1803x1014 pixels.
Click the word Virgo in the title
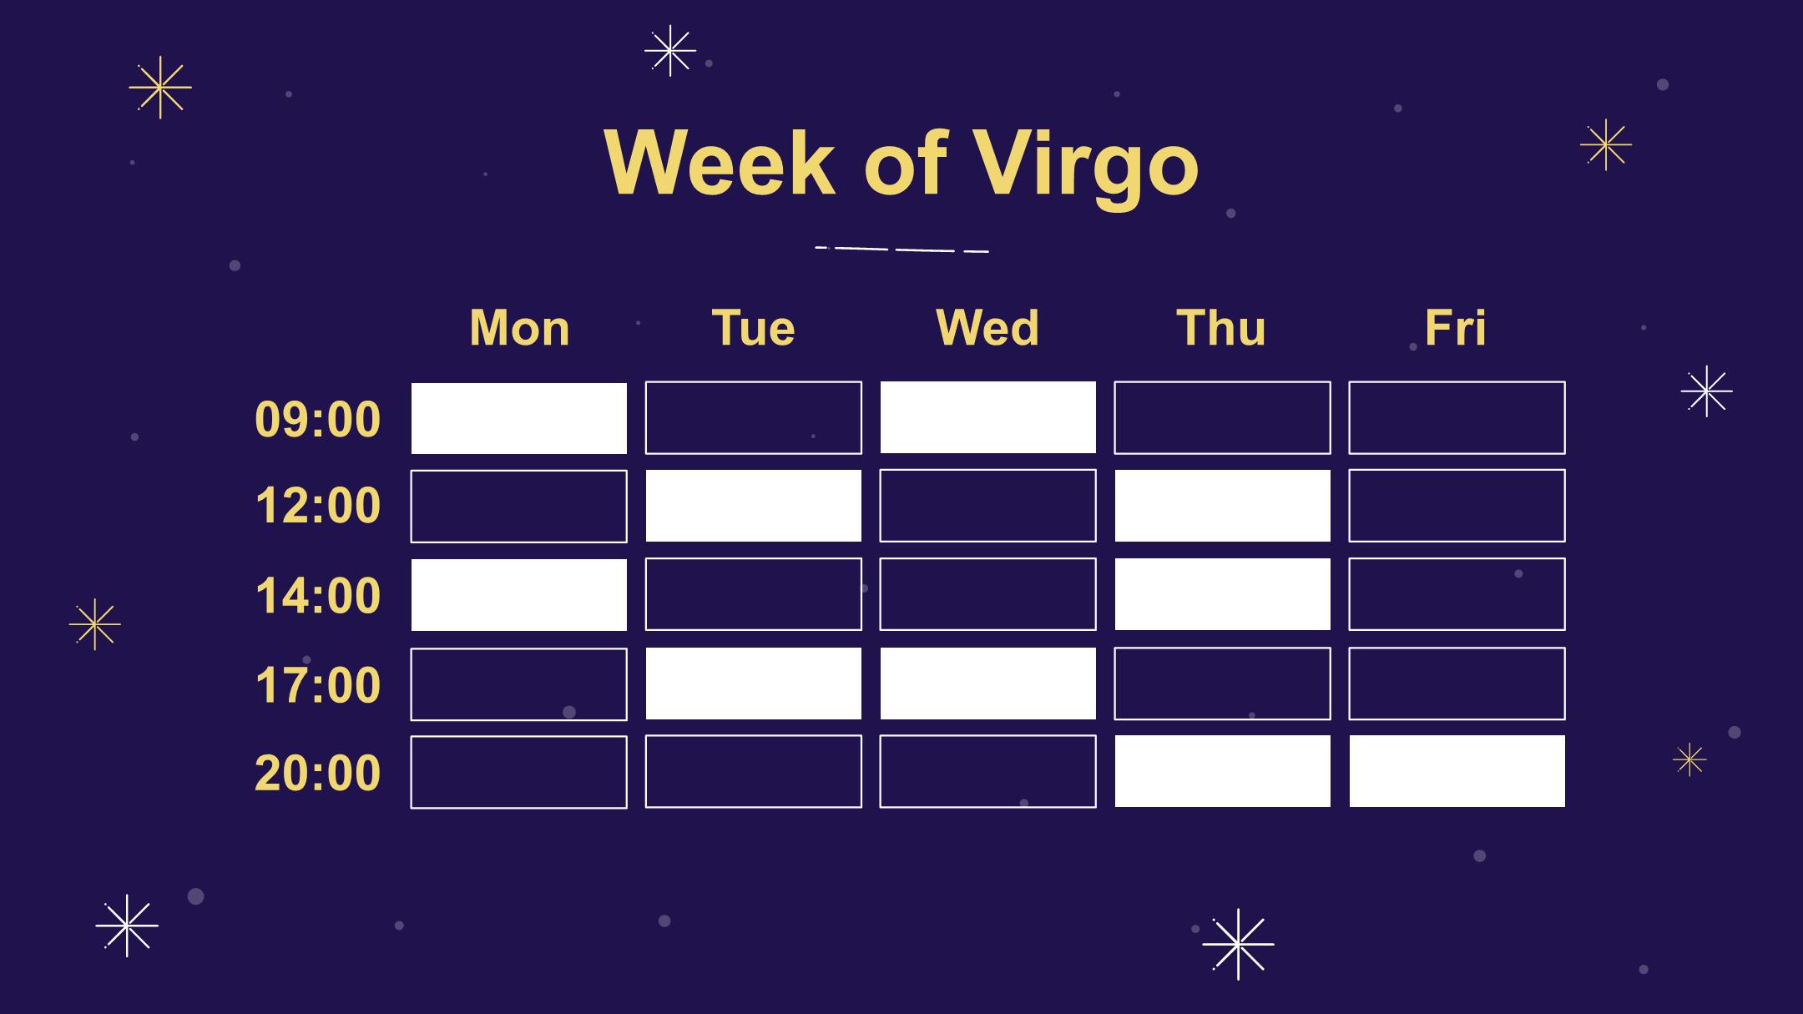1086,165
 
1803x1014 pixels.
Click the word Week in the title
719,163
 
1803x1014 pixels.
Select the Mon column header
519,327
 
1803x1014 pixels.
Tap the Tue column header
753,327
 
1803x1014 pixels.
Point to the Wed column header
987,327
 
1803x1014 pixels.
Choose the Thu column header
1221,327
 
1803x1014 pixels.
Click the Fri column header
1456,327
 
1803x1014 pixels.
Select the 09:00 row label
317,419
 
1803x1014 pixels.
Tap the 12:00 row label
317,506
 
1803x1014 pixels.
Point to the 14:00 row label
317,596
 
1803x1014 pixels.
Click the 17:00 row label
317,685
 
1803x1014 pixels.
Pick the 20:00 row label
317,773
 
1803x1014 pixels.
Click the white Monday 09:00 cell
519,418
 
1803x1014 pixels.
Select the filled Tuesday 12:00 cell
754,506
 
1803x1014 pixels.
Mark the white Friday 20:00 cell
1457,771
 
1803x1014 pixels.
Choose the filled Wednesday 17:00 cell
988,684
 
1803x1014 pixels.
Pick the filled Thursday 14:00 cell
1223,594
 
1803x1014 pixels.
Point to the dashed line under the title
901,249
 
